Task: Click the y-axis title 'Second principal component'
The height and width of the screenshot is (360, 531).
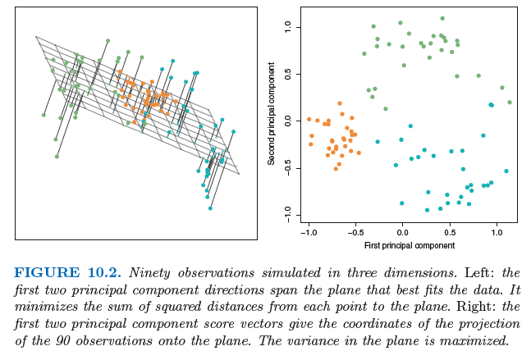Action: click(272, 118)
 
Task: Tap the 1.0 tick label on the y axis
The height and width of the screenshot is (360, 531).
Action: click(287, 27)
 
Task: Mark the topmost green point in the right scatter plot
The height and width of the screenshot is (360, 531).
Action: click(442, 18)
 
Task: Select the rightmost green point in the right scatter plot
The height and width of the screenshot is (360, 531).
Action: click(510, 103)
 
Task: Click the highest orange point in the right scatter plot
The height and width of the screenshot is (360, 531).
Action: click(340, 103)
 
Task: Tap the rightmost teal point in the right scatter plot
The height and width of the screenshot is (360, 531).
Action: click(506, 171)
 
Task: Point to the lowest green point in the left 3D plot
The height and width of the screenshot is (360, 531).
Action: click(57, 156)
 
